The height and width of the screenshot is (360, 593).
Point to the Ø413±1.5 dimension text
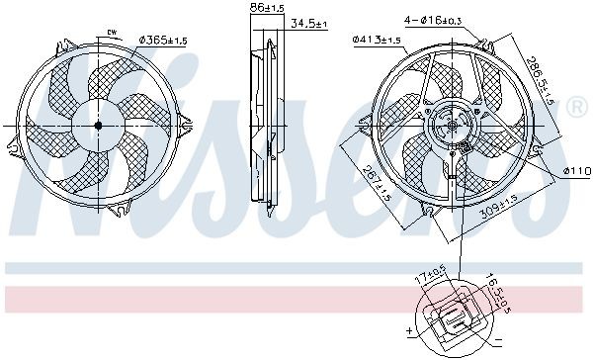pos(376,40)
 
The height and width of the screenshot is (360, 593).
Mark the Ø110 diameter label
pos(576,171)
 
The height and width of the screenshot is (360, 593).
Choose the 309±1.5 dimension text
pos(497,210)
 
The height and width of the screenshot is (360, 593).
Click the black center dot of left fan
pos(97,126)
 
